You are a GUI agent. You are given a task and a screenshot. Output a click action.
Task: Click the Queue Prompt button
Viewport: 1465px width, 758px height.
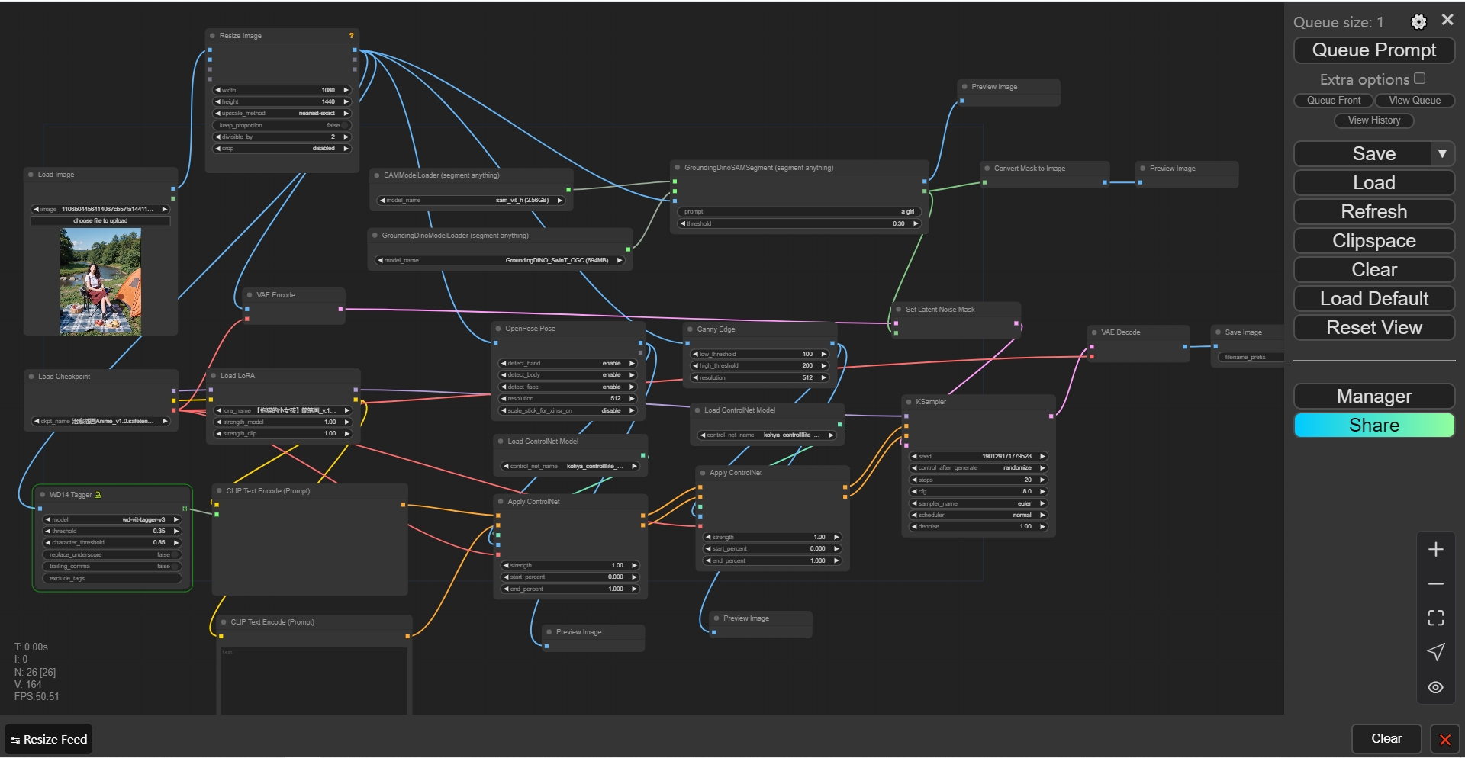tap(1373, 50)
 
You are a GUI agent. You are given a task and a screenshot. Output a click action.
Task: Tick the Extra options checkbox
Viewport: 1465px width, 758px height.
tap(1419, 79)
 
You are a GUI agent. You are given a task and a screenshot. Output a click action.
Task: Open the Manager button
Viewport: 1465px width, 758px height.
tap(1373, 397)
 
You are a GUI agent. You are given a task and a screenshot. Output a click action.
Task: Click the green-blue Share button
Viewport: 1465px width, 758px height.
tap(1373, 426)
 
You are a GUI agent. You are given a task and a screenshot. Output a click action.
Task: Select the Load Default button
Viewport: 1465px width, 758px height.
tap(1373, 299)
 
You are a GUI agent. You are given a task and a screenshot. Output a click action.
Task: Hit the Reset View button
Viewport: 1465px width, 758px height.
tap(1373, 328)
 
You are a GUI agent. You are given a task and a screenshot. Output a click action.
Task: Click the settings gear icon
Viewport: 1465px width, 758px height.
tap(1418, 22)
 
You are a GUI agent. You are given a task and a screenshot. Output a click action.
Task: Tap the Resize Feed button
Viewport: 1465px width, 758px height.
tap(49, 739)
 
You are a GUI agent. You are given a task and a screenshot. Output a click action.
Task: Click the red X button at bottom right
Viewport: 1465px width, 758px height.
tap(1444, 739)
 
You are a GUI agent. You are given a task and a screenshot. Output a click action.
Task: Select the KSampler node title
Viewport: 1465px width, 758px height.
tap(931, 402)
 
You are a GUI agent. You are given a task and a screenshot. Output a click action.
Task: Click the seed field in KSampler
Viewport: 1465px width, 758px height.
tap(977, 456)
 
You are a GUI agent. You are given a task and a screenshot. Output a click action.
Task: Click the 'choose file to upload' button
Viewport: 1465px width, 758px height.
tap(100, 221)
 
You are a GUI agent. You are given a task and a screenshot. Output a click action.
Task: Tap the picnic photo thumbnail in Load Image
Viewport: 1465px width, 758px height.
tap(100, 281)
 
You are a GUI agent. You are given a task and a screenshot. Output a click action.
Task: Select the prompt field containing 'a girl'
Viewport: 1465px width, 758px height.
tap(799, 212)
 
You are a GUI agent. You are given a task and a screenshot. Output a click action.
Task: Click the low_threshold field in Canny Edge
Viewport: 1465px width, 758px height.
tap(759, 354)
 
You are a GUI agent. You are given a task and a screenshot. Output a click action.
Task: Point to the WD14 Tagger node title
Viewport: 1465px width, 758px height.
tap(70, 495)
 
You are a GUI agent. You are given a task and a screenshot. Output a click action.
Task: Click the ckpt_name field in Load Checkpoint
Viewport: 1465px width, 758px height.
tap(100, 421)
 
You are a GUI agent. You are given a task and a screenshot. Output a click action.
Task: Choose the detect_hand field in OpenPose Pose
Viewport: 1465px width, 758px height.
tap(567, 364)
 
